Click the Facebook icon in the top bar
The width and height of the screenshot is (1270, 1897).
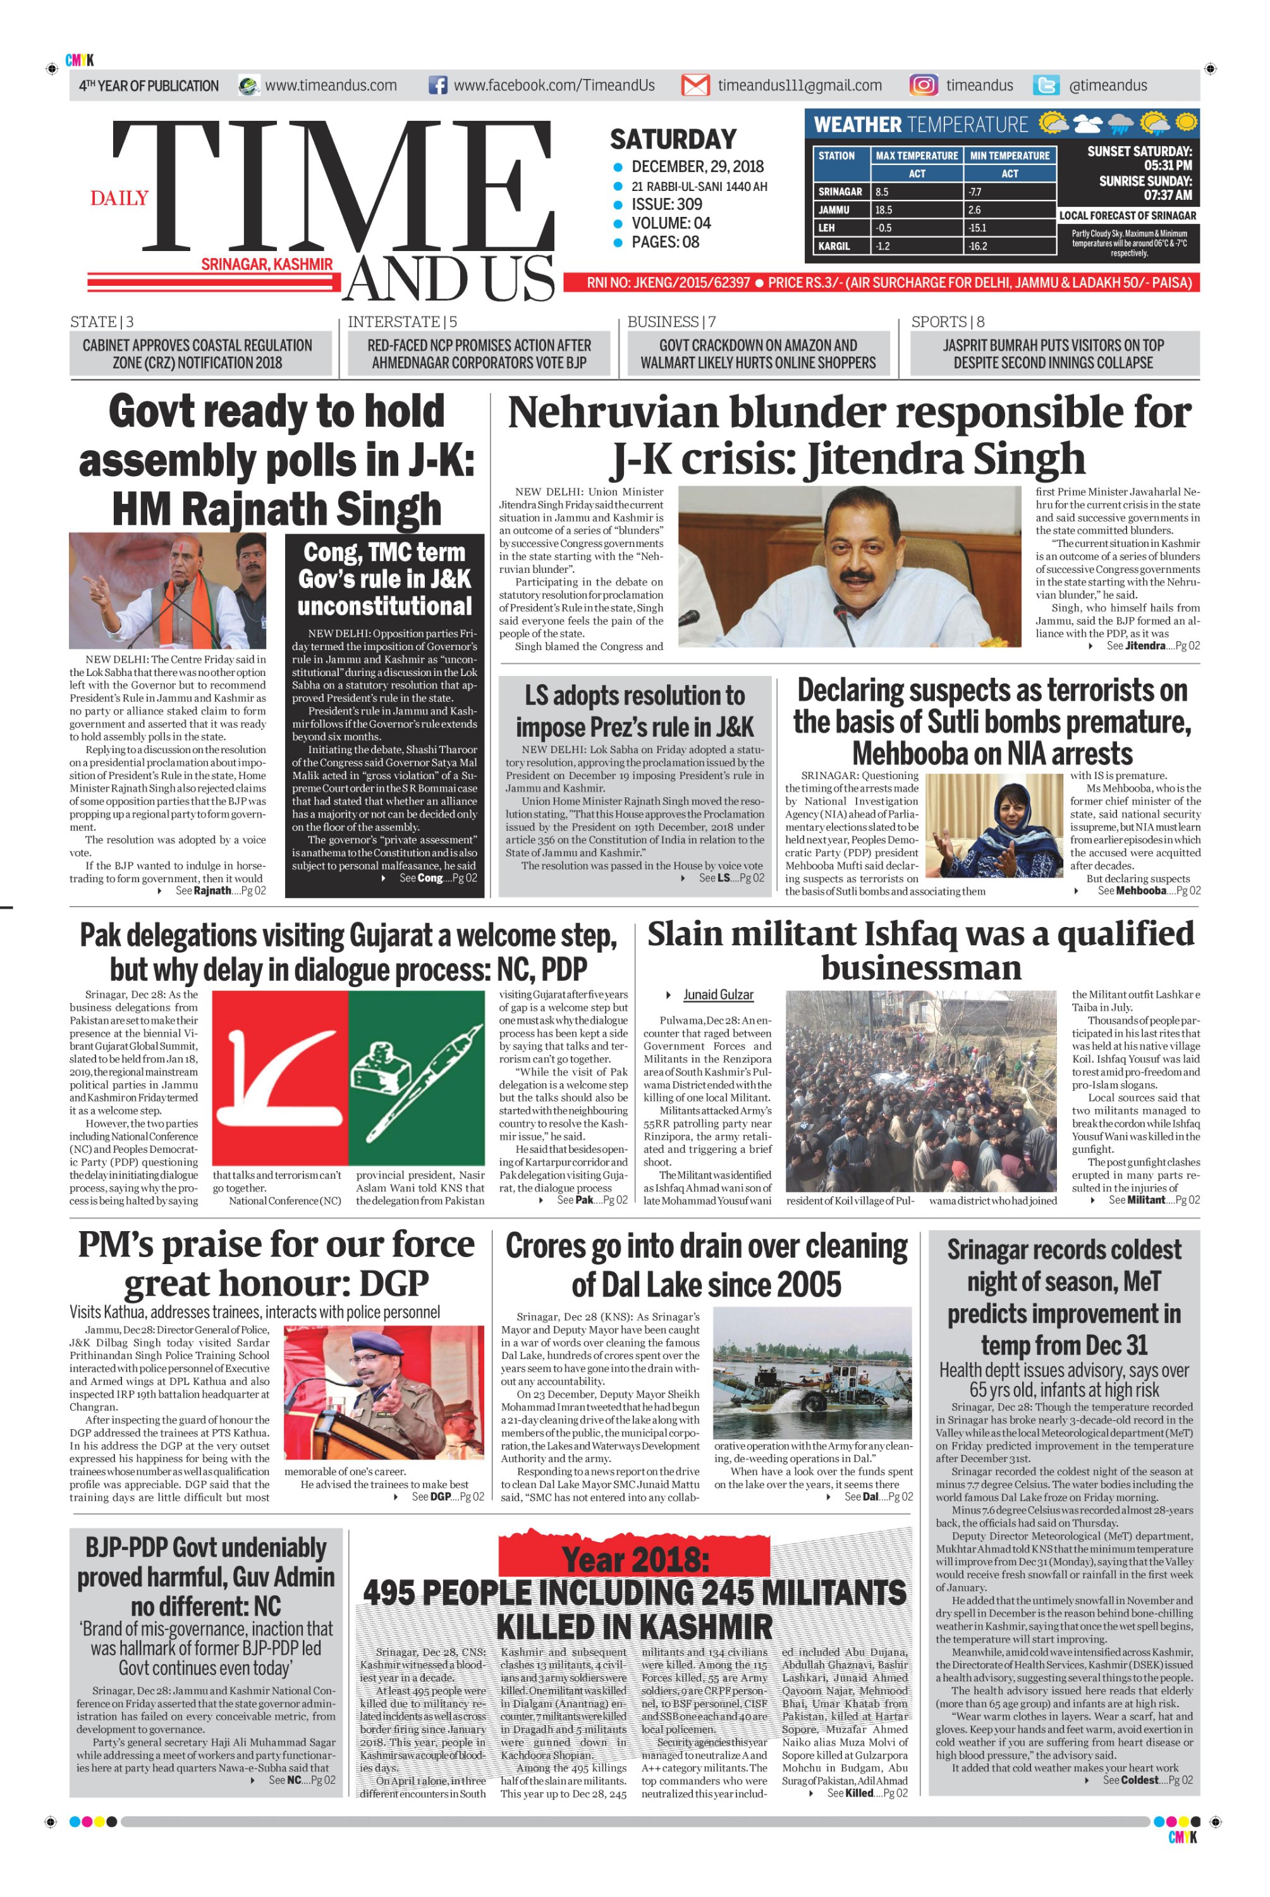(x=437, y=85)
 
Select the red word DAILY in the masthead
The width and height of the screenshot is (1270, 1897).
(x=119, y=199)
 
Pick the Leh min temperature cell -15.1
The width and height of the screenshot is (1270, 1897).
(x=977, y=228)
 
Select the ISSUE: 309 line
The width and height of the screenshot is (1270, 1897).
(x=666, y=205)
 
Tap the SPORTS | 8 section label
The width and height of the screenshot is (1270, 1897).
(x=948, y=322)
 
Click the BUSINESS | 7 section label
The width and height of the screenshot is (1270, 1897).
(x=671, y=322)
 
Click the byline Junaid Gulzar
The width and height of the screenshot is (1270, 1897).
(x=717, y=995)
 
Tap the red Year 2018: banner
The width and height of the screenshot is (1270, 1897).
(x=634, y=1559)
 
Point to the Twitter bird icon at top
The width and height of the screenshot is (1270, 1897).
(x=1046, y=85)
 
